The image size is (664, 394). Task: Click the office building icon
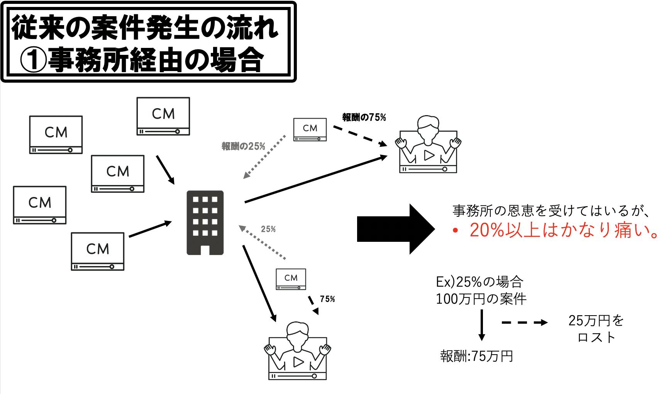pyautogui.click(x=205, y=222)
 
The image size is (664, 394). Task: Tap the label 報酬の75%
pyautogui.click(x=364, y=117)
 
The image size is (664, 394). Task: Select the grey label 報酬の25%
pyautogui.click(x=244, y=146)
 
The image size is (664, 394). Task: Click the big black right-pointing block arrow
pyautogui.click(x=396, y=229)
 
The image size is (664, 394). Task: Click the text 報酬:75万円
pyautogui.click(x=476, y=356)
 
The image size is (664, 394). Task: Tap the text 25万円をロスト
pyautogui.click(x=596, y=329)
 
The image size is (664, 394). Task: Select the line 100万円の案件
pyautogui.click(x=481, y=299)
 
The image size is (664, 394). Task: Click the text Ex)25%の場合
pyautogui.click(x=479, y=282)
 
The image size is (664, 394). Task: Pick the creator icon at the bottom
pyautogui.click(x=298, y=351)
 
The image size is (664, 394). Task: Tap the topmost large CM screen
pyautogui.click(x=163, y=116)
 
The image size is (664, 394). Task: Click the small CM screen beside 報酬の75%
pyautogui.click(x=310, y=129)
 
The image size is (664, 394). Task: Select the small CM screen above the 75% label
pyautogui.click(x=291, y=279)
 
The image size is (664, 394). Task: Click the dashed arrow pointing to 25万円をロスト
pyautogui.click(x=524, y=323)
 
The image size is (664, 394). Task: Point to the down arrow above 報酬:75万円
pyautogui.click(x=481, y=325)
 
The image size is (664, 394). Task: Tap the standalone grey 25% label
pyautogui.click(x=268, y=229)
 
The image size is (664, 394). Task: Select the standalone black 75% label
pyautogui.click(x=327, y=299)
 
